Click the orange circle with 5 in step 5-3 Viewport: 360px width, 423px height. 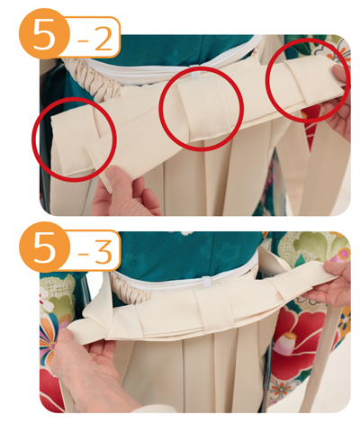(x=44, y=247)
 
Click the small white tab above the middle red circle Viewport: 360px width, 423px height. (x=196, y=74)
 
